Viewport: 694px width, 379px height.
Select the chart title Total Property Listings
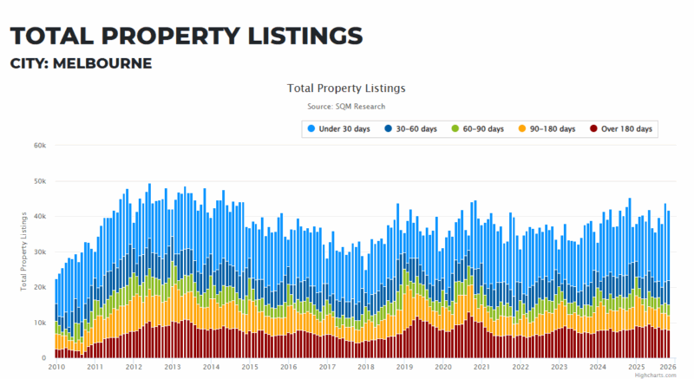pyautogui.click(x=346, y=88)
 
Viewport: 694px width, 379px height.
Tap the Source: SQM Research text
pyautogui.click(x=346, y=107)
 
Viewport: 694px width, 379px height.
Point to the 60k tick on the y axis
pyautogui.click(x=39, y=145)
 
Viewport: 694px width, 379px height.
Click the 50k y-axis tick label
pyautogui.click(x=39, y=180)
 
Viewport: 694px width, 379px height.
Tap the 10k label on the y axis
pyautogui.click(x=39, y=323)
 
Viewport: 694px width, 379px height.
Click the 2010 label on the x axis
pyautogui.click(x=57, y=368)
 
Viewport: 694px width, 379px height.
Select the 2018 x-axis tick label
pyautogui.click(x=366, y=368)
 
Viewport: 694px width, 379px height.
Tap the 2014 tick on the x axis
pyautogui.click(x=212, y=368)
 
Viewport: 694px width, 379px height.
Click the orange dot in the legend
pyautogui.click(x=523, y=128)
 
